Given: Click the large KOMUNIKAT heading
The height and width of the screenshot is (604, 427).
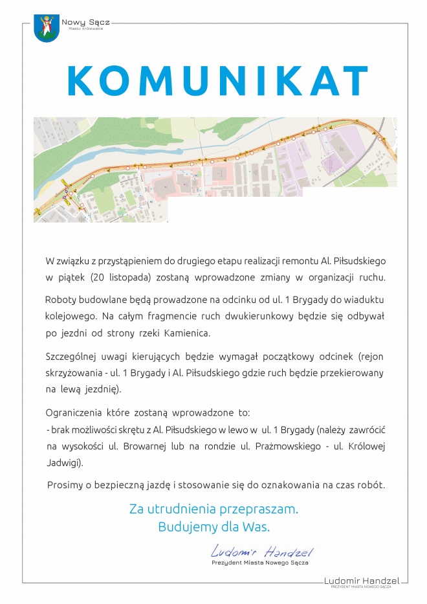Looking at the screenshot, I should point(217,80).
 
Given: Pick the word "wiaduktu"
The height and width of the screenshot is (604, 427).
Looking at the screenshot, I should point(359,300).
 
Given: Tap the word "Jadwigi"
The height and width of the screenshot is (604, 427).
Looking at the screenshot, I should point(63,463).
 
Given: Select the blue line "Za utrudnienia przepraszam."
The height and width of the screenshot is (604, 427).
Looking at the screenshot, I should point(214,509).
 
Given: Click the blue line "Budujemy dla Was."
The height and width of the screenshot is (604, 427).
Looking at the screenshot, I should point(214,526).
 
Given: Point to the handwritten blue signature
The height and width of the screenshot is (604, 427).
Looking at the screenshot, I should point(261,552).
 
